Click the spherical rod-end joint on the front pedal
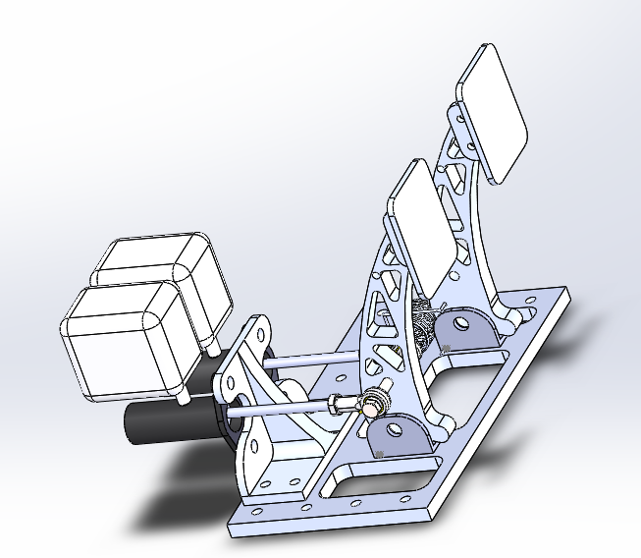[372, 401]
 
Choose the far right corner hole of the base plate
[561, 295]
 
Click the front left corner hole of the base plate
[257, 512]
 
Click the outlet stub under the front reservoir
[183, 399]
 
